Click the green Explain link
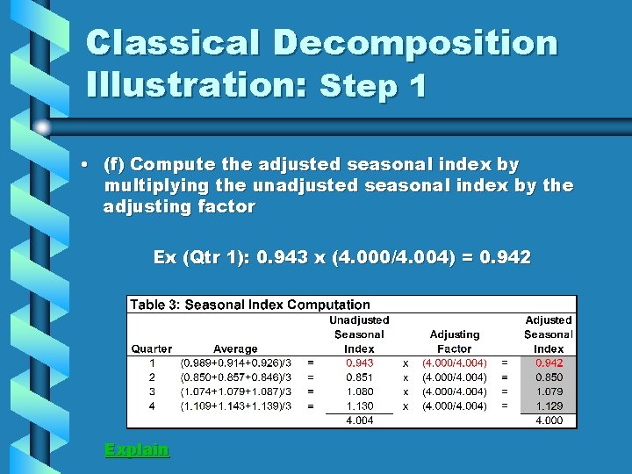click(x=136, y=449)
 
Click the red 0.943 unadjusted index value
click(x=359, y=363)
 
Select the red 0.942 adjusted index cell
click(x=549, y=363)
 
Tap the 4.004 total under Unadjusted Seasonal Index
click(x=359, y=420)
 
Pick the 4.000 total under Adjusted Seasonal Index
click(x=549, y=420)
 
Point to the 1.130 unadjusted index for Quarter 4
click(x=359, y=406)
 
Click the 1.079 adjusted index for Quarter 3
click(x=549, y=391)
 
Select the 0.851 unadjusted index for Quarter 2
click(x=359, y=377)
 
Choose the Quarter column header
click(x=152, y=348)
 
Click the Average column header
click(x=235, y=348)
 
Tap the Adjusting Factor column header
click(x=455, y=341)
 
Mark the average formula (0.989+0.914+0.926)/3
click(x=236, y=363)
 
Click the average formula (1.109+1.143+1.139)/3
click(x=236, y=406)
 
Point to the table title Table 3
click(x=250, y=305)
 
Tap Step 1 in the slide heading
click(x=374, y=86)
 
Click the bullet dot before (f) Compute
click(x=83, y=164)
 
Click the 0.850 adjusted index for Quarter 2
click(x=549, y=377)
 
